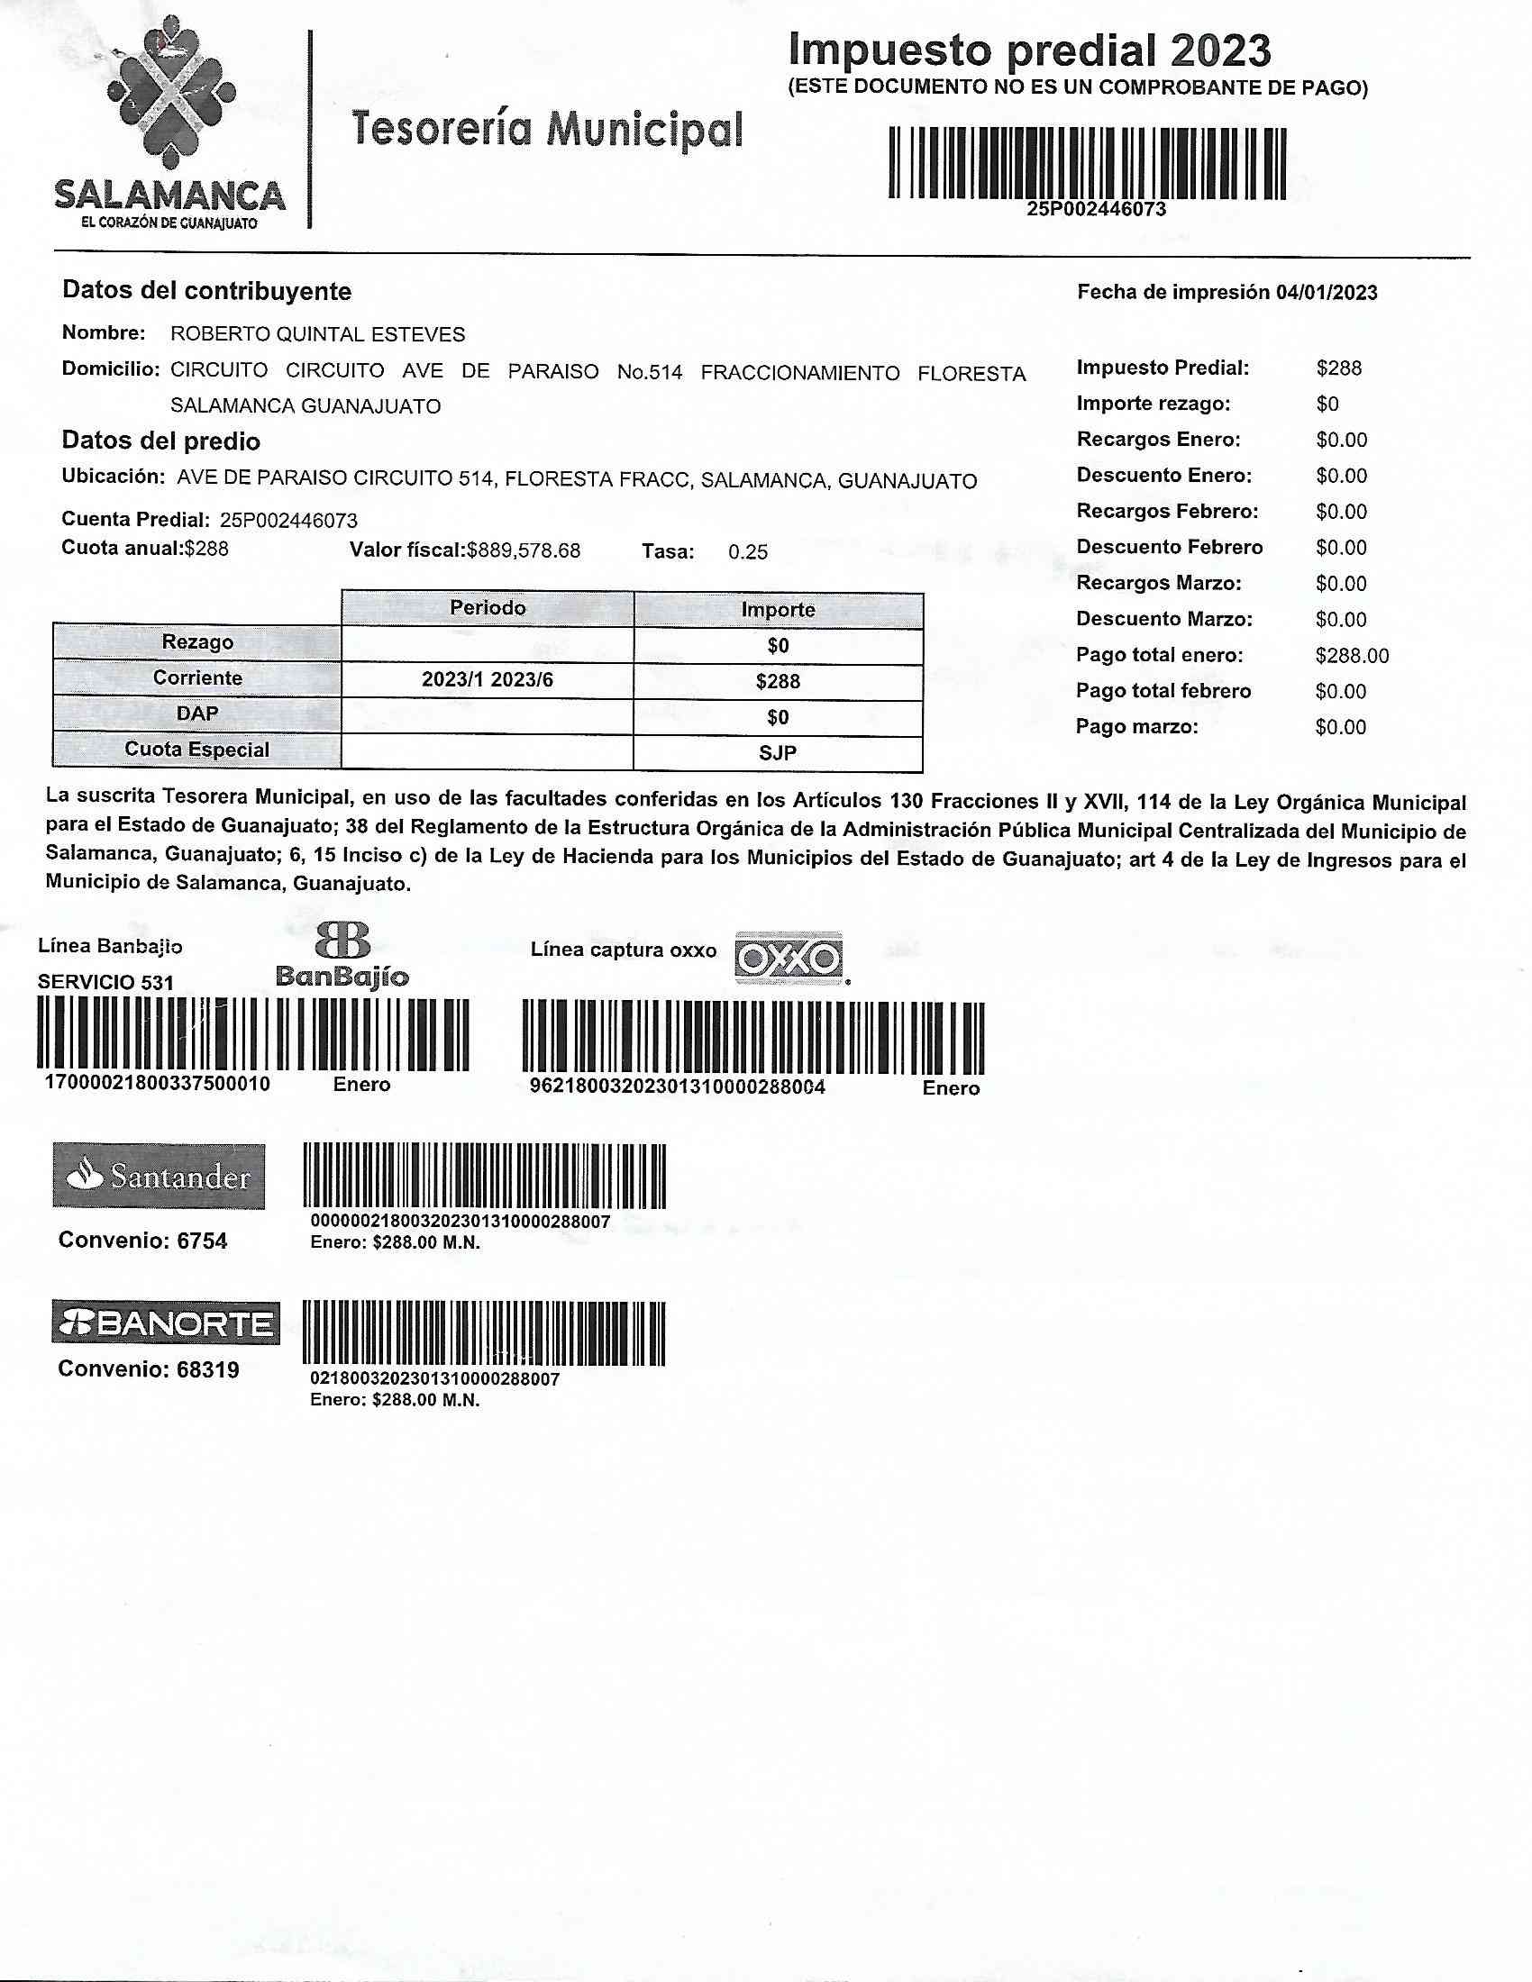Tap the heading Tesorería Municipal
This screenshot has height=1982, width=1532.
point(546,130)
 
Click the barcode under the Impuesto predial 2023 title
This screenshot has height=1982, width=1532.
point(1088,163)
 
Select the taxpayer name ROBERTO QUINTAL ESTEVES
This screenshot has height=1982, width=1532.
point(317,335)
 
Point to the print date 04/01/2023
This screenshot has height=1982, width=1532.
point(1326,292)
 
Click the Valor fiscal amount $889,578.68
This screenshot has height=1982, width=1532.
point(524,550)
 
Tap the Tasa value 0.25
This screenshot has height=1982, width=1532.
point(747,551)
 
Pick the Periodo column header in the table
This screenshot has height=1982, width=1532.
point(488,608)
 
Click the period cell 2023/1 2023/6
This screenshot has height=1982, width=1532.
point(488,680)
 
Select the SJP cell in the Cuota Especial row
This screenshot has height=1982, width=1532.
point(778,753)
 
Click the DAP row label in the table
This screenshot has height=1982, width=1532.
point(197,714)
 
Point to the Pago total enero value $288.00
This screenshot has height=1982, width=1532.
point(1352,655)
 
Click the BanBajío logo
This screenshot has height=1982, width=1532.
point(342,957)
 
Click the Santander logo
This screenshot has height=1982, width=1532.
point(159,1176)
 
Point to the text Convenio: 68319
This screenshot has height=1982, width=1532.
point(149,1369)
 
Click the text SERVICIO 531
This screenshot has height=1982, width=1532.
point(105,982)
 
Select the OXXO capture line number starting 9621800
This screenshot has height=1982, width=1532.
point(677,1087)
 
